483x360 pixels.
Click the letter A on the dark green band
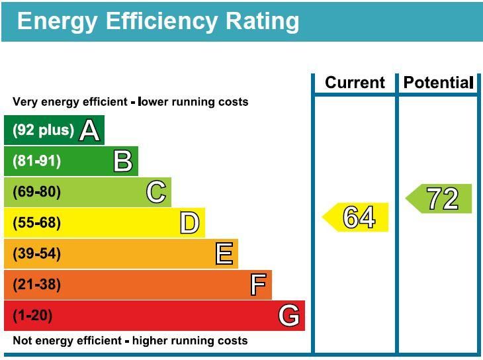pos(89,130)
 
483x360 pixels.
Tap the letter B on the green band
pos(122,161)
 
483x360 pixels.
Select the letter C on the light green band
pos(156,193)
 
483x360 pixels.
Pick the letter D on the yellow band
pos(189,223)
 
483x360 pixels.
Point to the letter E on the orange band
pos(224,254)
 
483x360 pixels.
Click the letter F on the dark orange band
pos(258,285)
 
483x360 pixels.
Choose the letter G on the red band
pos(288,316)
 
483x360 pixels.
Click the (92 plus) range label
pos(43,130)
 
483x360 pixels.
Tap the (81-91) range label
pos(37,161)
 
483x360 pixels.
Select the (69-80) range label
pos(37,193)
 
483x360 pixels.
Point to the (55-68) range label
pos(37,223)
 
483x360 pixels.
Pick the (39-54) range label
pos(37,254)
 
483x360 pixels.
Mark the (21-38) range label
pos(37,285)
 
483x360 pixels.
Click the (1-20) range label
pos(32,316)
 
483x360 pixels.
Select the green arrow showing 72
pos(439,199)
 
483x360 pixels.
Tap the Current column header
pos(355,83)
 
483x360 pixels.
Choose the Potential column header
pos(438,83)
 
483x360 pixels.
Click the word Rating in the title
pos(254,21)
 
